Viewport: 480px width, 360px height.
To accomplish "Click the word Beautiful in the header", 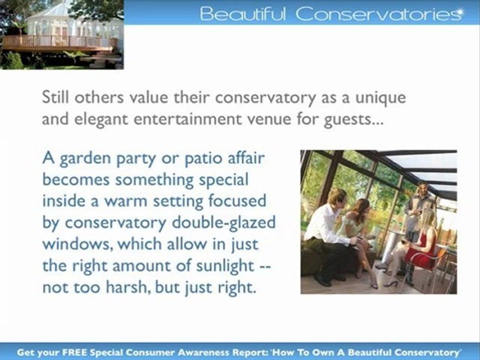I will point(242,14).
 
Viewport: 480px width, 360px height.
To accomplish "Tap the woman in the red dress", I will point(422,245).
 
